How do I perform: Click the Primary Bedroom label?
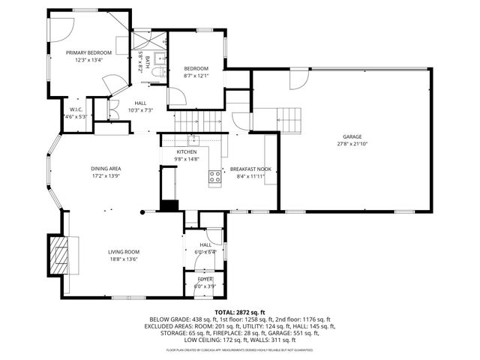88,53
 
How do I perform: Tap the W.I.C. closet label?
76,109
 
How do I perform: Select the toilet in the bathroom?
158,73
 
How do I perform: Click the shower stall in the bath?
142,40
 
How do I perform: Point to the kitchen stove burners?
214,177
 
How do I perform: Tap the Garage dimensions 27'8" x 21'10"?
352,143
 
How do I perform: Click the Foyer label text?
204,279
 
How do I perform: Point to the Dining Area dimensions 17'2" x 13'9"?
106,176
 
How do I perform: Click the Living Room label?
124,252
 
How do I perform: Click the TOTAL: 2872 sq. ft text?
240,311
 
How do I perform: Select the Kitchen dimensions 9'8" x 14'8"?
187,159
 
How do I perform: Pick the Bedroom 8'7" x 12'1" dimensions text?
196,76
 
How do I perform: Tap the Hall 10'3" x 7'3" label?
140,110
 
